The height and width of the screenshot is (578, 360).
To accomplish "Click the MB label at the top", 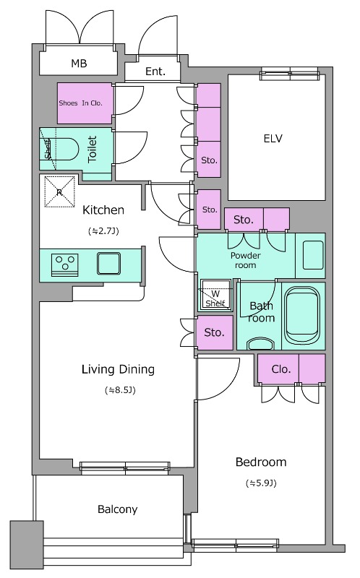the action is (79, 64).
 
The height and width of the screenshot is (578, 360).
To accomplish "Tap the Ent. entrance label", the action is (155, 71).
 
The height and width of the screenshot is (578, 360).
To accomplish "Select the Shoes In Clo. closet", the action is (85, 103).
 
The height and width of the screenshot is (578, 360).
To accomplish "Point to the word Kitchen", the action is (103, 210).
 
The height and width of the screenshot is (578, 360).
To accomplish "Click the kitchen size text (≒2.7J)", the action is (103, 231).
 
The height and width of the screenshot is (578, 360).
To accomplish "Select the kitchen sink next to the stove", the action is (109, 264).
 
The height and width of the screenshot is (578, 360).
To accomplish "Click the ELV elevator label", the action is (273, 138).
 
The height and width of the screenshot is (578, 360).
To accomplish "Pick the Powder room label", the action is (245, 260).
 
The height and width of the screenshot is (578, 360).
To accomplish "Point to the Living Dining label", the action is (118, 369).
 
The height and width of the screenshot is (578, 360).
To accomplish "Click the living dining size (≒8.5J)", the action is (120, 390).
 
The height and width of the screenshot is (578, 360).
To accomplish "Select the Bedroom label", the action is (261, 462).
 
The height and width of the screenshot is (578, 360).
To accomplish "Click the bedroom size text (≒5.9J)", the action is (261, 483).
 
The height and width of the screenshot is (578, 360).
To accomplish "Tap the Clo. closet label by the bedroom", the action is (281, 368).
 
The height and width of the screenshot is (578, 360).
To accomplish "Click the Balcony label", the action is (117, 509).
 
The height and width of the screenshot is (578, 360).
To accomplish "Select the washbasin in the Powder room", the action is (313, 255).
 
